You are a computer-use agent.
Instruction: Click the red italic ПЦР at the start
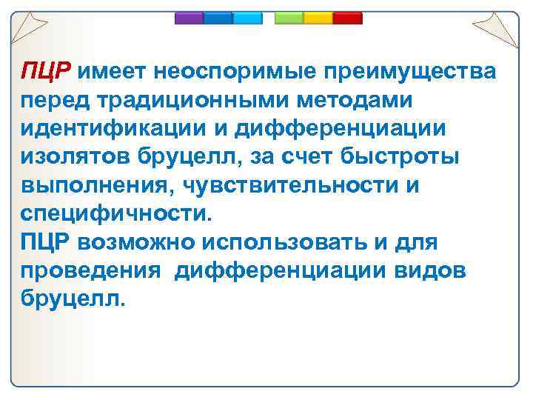[45, 72]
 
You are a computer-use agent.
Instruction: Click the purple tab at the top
[189, 18]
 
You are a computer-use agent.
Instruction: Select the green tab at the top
[289, 18]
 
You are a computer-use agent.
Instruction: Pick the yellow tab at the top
[318, 18]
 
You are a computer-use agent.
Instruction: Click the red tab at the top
[346, 18]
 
